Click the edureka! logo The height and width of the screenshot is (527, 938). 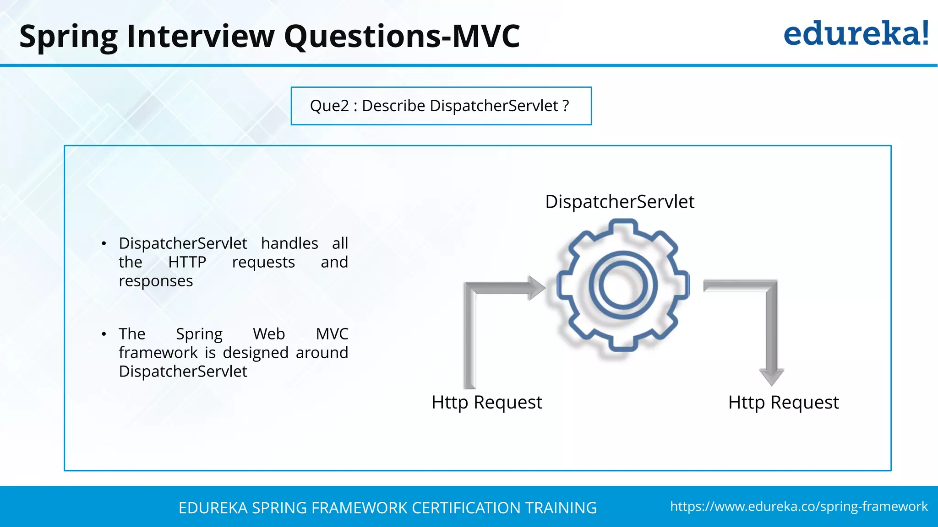856,34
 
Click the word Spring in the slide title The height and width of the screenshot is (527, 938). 69,37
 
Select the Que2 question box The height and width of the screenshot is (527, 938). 441,106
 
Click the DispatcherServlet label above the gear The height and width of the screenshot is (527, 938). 619,202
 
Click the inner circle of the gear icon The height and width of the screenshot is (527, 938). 623,285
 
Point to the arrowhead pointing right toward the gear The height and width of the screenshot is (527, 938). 537,288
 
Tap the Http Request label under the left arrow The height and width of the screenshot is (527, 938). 486,403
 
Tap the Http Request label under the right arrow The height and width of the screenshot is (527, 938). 783,403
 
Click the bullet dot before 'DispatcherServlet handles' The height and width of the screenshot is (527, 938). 104,243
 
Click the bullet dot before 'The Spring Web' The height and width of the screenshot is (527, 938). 104,334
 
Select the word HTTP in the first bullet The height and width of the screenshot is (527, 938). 187,262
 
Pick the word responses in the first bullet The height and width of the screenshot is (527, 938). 156,281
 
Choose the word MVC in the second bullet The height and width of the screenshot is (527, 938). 332,334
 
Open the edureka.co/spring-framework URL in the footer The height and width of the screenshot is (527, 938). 799,506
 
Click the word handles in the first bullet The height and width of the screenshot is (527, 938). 289,243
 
